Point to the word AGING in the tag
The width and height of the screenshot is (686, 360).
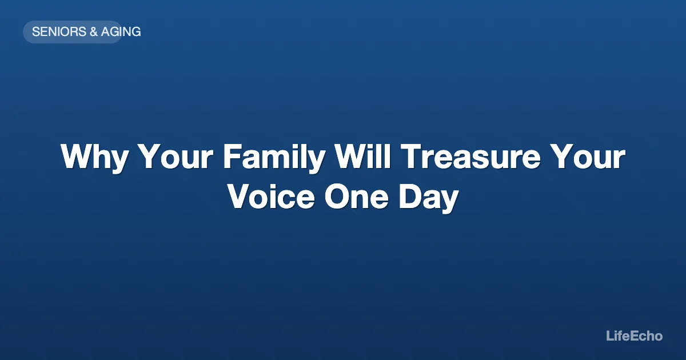[x=121, y=32]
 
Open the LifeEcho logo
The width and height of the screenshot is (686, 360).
[x=634, y=336]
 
